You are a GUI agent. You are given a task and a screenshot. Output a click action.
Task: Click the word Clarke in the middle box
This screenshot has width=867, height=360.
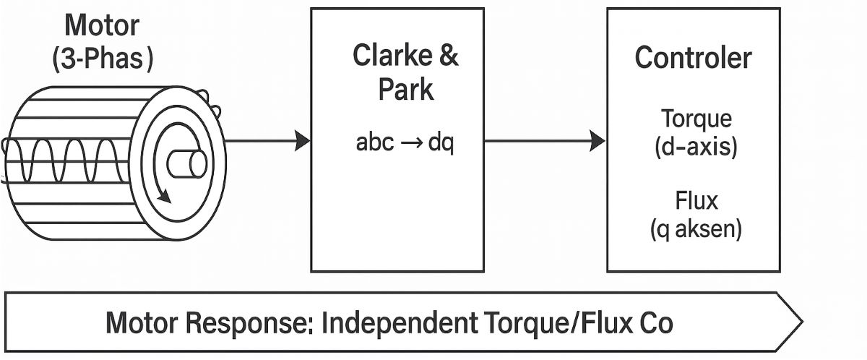[x=388, y=56]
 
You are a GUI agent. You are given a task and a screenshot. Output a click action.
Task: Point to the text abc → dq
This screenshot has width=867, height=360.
[x=405, y=143]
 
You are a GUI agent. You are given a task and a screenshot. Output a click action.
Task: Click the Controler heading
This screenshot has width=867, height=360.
[x=693, y=59]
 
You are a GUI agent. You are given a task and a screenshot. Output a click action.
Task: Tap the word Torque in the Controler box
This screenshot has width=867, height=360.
[x=696, y=119]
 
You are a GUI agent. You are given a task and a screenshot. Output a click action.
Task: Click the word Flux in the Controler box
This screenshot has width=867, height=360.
[x=696, y=200]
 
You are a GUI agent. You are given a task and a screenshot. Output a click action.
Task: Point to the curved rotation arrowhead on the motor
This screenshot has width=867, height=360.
[x=165, y=196]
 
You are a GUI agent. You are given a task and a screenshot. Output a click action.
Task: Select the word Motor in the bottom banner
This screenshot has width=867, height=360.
[x=142, y=323]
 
